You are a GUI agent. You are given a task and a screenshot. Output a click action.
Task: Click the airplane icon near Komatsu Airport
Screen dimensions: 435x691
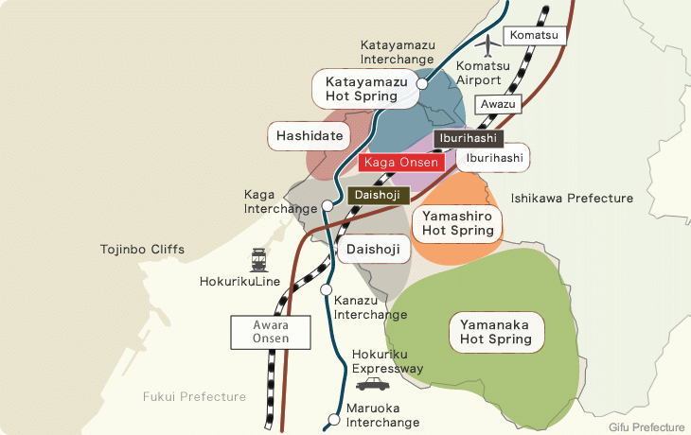[x=488, y=44]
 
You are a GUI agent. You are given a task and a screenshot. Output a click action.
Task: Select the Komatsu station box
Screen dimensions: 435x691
[x=534, y=36]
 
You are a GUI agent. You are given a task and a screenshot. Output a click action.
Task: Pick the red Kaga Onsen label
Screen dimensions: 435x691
[x=401, y=162]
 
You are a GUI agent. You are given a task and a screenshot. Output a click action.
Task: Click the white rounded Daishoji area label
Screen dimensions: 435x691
[x=372, y=252]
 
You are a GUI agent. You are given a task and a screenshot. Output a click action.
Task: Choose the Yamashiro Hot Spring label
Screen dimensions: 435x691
[x=458, y=223]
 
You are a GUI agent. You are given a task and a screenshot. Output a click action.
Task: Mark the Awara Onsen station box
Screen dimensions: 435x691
[x=271, y=332]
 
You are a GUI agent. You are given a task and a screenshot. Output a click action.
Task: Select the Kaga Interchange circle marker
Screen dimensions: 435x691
[x=327, y=204]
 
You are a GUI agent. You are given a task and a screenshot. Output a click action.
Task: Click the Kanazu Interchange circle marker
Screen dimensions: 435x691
[x=326, y=289]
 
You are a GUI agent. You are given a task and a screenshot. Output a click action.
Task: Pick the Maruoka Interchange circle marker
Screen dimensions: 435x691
[x=332, y=419]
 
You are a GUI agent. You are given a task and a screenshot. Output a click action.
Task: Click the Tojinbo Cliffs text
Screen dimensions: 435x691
[x=142, y=250]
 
